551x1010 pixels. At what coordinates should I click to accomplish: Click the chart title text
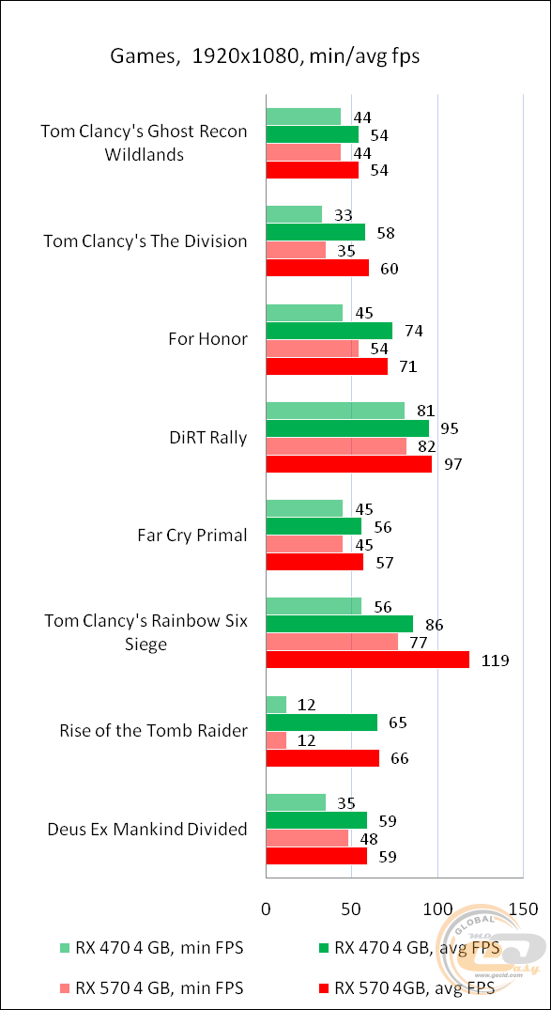tap(265, 56)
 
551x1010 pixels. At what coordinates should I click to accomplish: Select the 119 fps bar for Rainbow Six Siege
tap(367, 660)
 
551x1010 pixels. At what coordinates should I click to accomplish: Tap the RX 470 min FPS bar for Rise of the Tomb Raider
tap(276, 705)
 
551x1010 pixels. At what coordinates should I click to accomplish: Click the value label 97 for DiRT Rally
tap(453, 464)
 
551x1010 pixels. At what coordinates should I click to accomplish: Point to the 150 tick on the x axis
tap(523, 909)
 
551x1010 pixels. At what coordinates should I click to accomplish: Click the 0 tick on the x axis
tap(267, 909)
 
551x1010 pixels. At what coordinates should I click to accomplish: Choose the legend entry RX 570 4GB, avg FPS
tap(403, 987)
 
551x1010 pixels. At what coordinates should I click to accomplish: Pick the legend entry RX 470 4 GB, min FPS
tap(150, 948)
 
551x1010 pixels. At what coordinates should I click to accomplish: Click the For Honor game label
tap(208, 339)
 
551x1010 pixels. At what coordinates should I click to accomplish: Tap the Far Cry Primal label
tap(192, 536)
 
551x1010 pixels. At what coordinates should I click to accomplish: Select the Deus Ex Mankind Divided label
tap(147, 829)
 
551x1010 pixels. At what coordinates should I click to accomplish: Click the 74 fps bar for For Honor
tap(329, 331)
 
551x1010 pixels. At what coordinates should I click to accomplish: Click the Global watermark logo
tap(492, 949)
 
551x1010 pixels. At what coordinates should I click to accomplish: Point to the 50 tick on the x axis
tap(351, 909)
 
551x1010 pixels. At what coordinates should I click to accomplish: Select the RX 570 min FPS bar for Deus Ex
tap(307, 838)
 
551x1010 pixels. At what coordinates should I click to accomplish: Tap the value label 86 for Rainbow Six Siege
tap(434, 625)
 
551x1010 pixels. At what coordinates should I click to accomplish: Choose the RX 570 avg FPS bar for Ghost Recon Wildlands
tap(312, 170)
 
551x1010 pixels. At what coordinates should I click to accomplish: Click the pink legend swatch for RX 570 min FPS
tap(63, 987)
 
